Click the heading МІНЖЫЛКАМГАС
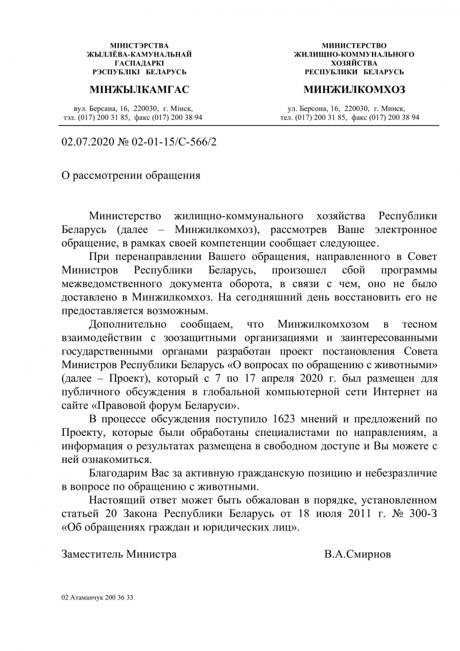point(139,90)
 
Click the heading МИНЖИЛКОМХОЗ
point(354,90)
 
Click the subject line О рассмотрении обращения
point(131,175)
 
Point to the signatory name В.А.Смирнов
point(358,554)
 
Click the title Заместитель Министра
point(119,554)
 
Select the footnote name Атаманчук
point(86,598)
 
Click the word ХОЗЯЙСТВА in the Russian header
point(354,63)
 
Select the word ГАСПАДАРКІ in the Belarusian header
point(139,63)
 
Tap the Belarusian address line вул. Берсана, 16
point(102,108)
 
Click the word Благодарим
point(117,474)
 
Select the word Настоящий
point(115,500)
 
